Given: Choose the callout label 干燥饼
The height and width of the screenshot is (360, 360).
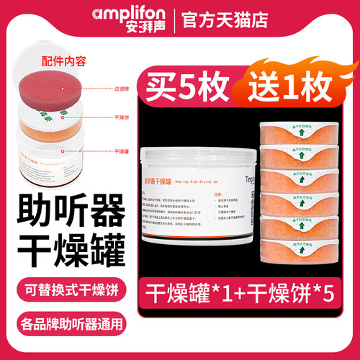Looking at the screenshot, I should point(122,117).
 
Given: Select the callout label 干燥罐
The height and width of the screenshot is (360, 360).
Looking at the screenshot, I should point(122,151).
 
